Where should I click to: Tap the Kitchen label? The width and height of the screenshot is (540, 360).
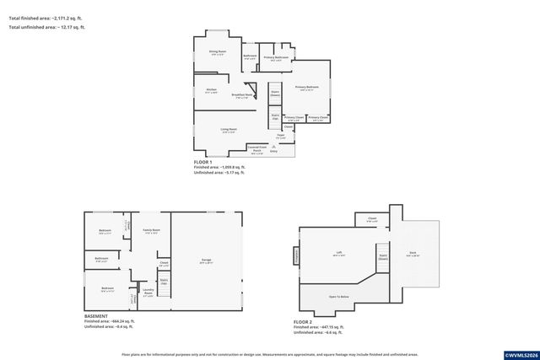212,90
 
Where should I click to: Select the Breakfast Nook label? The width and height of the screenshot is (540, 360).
244,95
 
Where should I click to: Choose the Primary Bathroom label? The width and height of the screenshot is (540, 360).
276,58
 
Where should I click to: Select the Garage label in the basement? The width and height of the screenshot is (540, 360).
206,260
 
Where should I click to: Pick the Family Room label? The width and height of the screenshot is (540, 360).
152,230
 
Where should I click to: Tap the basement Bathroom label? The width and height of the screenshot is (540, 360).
102,260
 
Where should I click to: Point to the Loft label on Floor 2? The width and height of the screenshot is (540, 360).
339,252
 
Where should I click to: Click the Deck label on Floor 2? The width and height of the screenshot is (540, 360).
413,254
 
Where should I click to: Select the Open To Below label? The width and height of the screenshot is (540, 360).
339,297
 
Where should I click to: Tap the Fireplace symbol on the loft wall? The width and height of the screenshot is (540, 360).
296,255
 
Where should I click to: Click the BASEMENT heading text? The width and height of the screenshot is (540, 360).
96,316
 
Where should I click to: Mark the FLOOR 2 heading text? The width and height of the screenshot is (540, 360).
302,321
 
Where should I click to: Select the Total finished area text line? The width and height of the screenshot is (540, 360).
46,18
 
